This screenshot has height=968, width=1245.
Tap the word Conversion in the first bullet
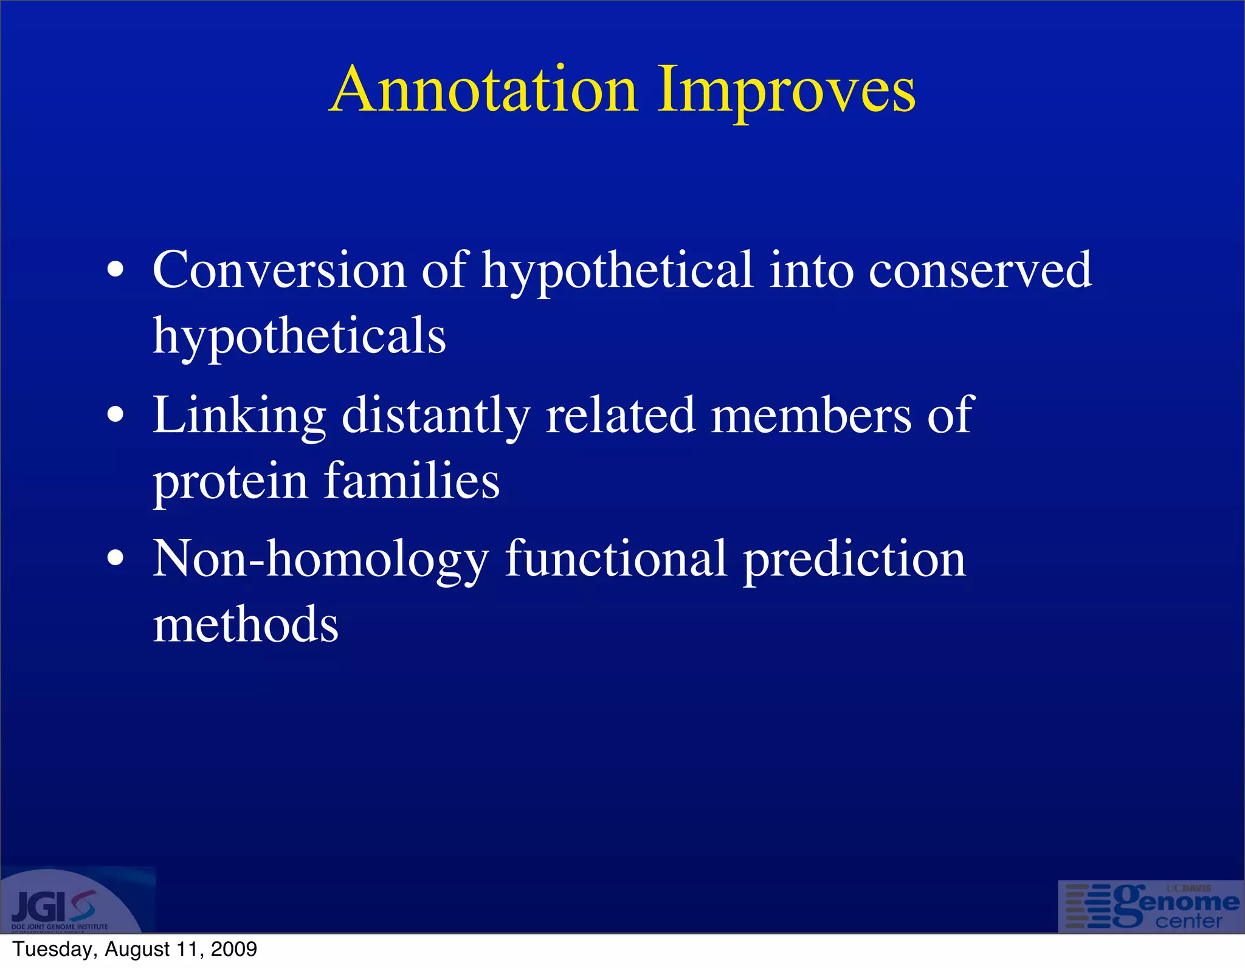(279, 270)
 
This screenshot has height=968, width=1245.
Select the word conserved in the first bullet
(980, 270)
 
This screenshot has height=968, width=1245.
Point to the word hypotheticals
(299, 337)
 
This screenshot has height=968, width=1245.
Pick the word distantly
(435, 416)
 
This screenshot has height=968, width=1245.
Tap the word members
(811, 415)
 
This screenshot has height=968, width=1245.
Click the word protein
(230, 481)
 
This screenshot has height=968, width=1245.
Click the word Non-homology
(320, 560)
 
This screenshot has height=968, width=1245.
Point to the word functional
(616, 558)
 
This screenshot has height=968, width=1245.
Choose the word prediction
(854, 560)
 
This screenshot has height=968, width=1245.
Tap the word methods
(246, 624)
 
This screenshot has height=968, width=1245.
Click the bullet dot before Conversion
(115, 271)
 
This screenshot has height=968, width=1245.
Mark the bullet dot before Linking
(115, 416)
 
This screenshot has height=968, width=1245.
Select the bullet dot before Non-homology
(115, 560)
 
